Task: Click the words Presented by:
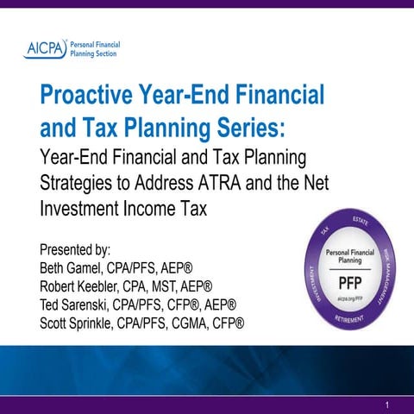click(x=77, y=244)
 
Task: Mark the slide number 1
click(x=389, y=404)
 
